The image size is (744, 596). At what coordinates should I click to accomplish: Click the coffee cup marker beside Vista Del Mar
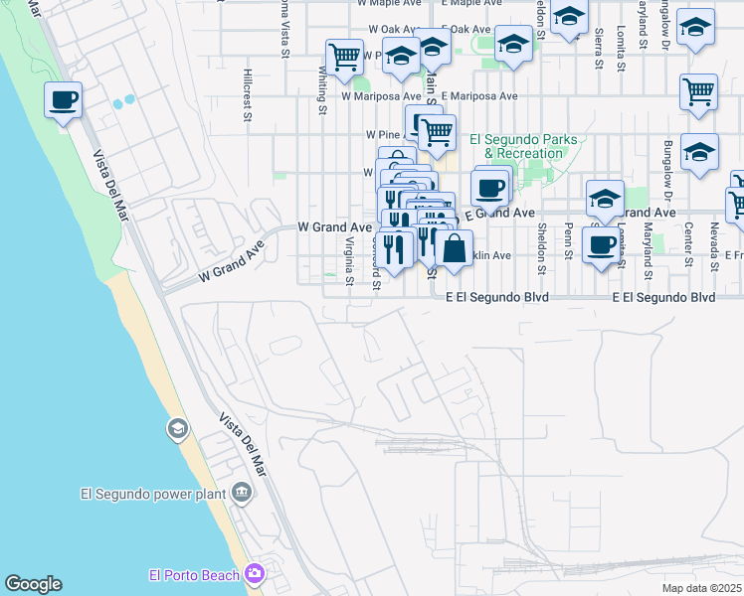pos(63,100)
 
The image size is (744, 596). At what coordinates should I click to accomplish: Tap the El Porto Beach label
pos(194,575)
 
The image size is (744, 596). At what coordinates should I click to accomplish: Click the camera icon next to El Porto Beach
pos(255,574)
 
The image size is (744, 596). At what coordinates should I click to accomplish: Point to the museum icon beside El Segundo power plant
pos(242,492)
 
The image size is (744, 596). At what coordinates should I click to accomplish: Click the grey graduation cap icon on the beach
pos(176,429)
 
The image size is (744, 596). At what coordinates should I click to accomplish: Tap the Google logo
pos(33,584)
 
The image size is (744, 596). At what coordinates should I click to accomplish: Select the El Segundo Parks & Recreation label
pos(523,146)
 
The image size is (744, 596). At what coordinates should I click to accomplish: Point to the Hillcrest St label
pos(247,94)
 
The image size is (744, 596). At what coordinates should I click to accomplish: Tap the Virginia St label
pos(349,261)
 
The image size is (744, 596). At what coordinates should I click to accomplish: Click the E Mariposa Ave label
pos(481,96)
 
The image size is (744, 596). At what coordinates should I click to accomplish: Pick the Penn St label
pos(568,242)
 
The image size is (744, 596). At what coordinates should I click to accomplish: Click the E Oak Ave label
pos(471,30)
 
